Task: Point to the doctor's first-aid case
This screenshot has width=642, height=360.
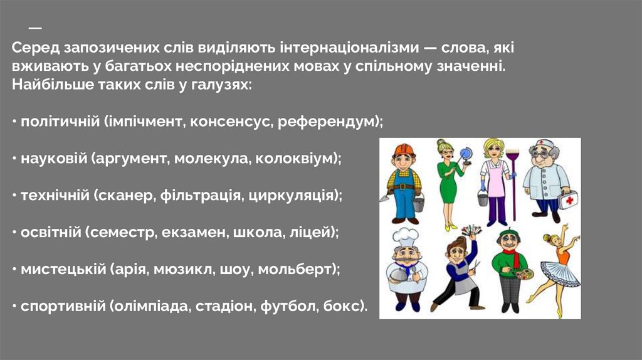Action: point(568,199)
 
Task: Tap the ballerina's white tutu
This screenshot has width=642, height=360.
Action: point(554,275)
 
